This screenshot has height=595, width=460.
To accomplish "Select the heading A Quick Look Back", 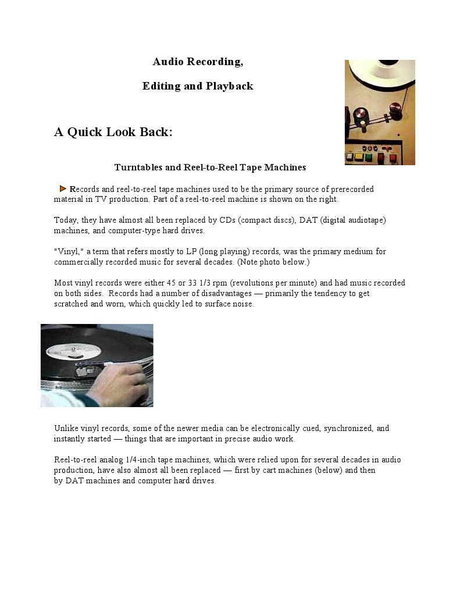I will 113,132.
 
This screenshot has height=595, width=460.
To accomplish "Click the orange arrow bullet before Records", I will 63,189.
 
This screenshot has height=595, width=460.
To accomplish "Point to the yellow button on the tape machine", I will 359,156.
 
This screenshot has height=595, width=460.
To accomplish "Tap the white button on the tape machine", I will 349,156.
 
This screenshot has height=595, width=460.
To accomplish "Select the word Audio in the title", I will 168,62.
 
